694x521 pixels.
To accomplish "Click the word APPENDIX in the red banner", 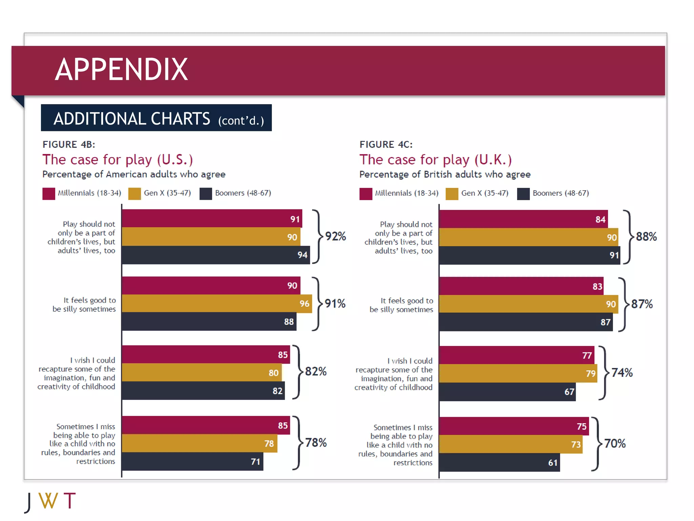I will point(121,70).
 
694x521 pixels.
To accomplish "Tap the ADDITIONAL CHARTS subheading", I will point(132,119).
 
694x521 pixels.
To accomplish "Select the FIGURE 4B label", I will point(69,144).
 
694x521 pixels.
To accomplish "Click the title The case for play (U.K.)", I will point(435,160).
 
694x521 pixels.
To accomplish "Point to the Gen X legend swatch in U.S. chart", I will point(135,194).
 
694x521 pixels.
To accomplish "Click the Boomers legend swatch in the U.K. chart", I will point(523,194).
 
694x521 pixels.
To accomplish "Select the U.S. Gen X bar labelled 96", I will point(217,304).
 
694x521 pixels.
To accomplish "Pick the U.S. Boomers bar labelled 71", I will point(192,462).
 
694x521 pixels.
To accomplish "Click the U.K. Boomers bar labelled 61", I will point(499,463).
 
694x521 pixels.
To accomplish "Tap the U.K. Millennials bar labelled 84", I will point(523,219).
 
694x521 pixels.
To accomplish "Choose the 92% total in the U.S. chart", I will point(335,236).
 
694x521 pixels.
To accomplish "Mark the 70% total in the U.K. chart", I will point(615,444).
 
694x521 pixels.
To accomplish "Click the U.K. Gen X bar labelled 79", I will point(518,373).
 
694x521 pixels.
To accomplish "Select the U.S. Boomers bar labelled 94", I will point(216,255).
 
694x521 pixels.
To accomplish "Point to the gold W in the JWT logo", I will point(48,501).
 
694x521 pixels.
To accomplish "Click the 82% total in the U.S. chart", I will point(315,371).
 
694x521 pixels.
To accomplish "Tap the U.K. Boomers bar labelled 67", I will point(507,392).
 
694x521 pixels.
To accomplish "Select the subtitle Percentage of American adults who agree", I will point(134,174).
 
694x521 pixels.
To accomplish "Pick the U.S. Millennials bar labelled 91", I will point(212,219).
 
